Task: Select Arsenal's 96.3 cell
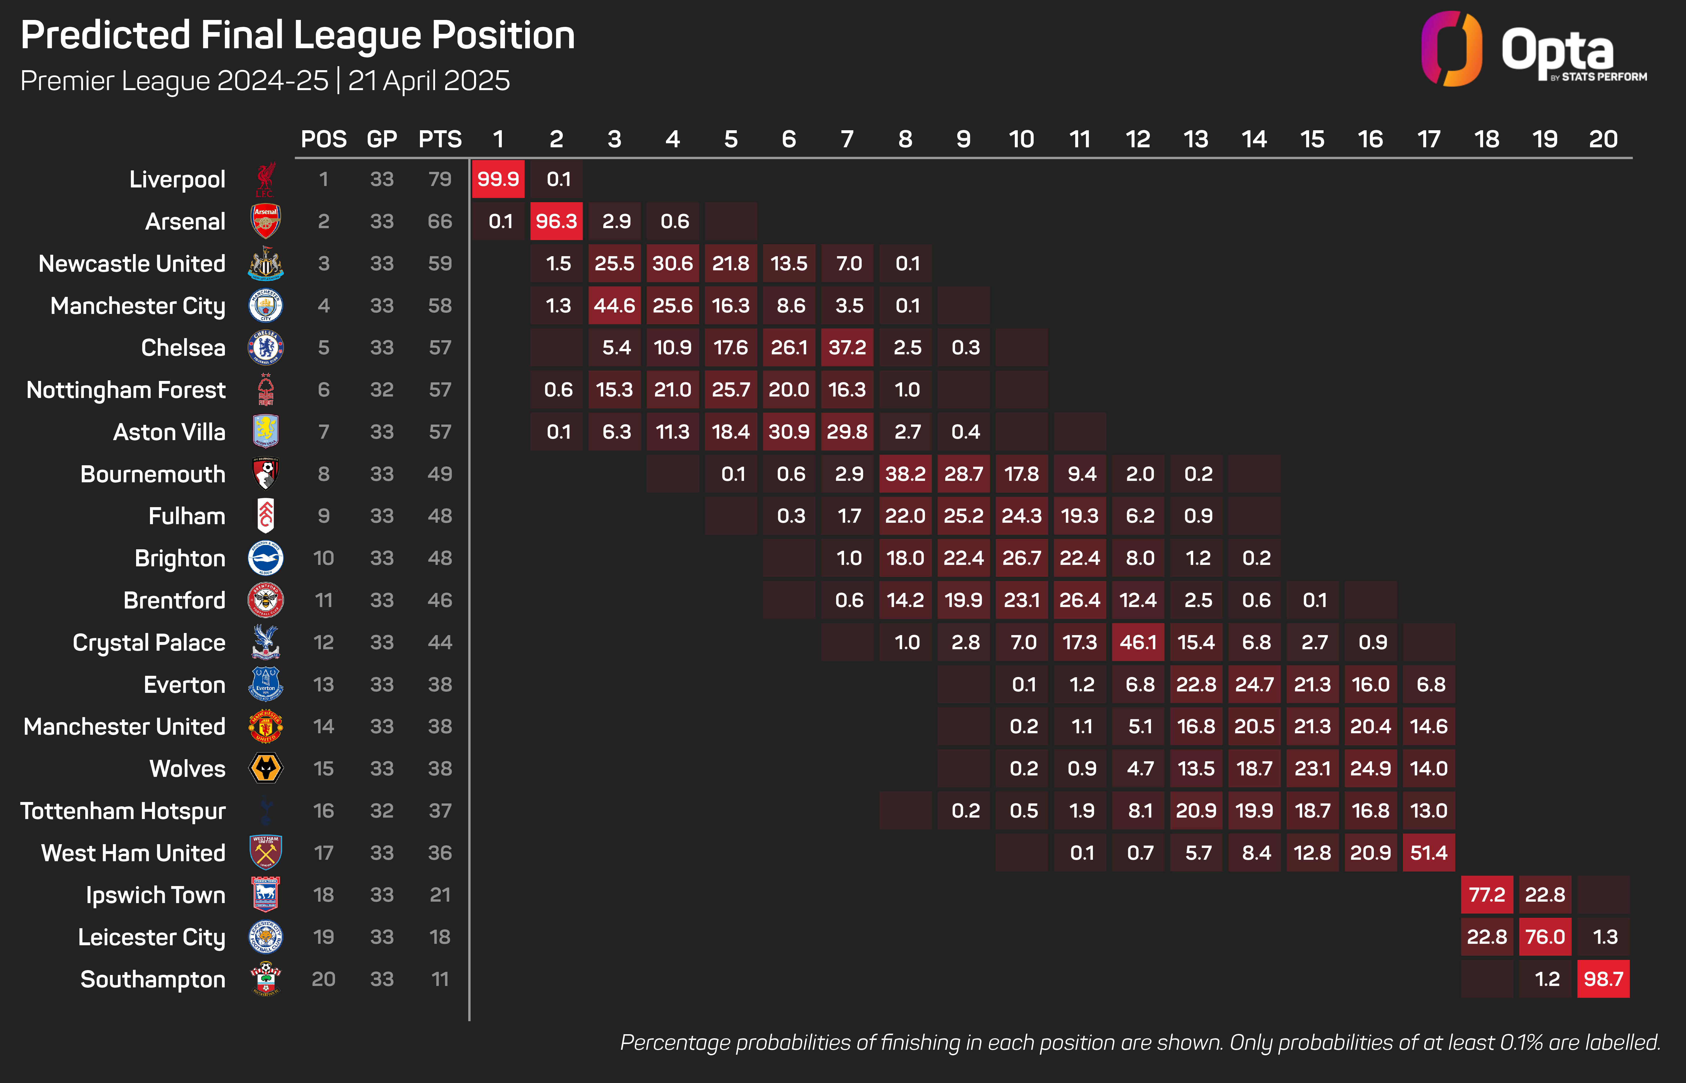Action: (556, 222)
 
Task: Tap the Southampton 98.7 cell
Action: (1603, 979)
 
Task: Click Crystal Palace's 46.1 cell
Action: (1138, 642)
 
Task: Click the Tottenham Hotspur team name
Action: (123, 811)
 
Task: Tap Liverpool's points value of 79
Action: (440, 179)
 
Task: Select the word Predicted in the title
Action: (106, 35)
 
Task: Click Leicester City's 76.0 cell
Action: (1545, 937)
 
